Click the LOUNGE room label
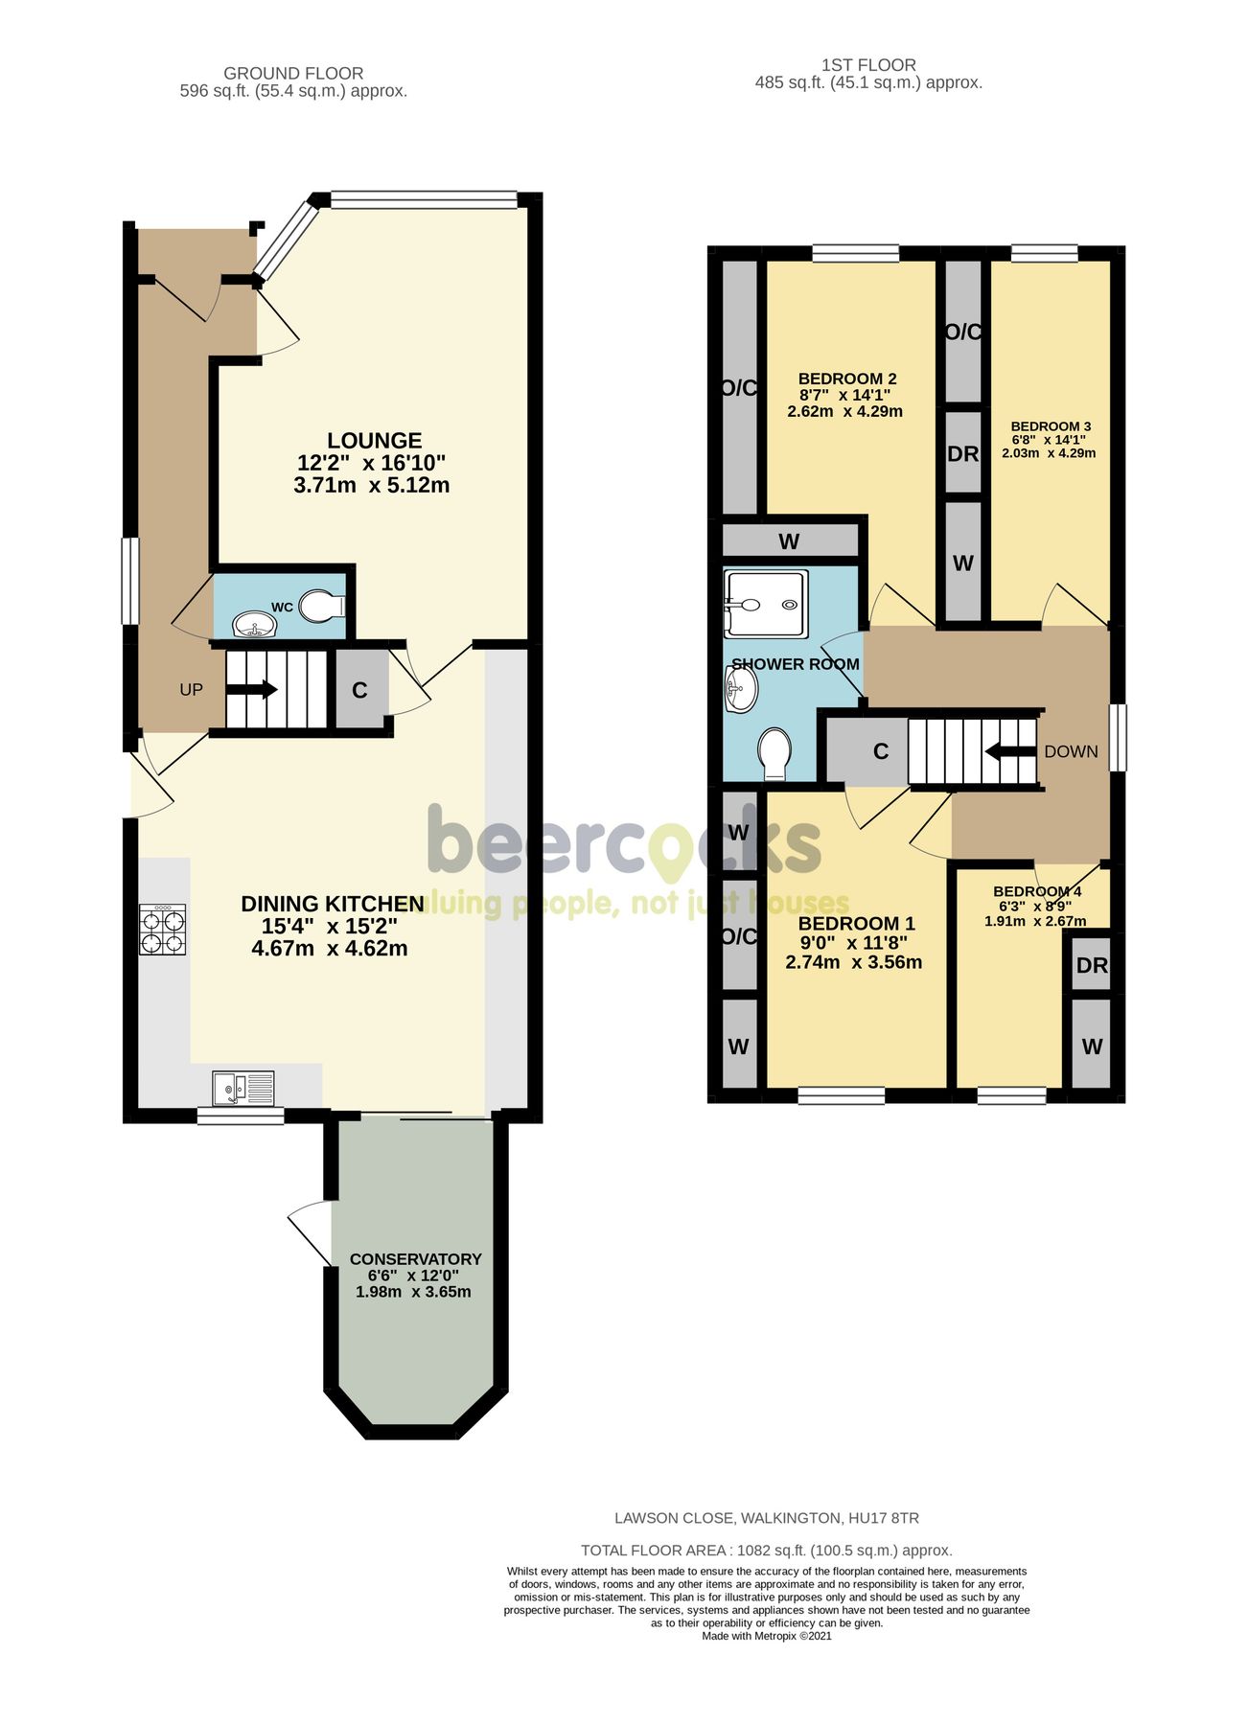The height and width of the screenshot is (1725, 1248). (374, 441)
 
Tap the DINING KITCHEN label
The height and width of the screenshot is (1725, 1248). (332, 904)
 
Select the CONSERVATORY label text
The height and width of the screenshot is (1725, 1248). (415, 1258)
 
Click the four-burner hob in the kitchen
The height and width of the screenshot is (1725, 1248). (163, 931)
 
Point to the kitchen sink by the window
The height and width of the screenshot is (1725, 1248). (243, 1089)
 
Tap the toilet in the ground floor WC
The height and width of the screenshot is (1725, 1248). (321, 606)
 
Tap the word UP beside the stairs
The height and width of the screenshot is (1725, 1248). (191, 690)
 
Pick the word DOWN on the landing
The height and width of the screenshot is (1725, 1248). (1071, 751)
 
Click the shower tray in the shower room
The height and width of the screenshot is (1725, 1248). (765, 604)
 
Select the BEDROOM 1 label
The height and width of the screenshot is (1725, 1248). (856, 924)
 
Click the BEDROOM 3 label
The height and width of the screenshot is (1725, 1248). (1051, 426)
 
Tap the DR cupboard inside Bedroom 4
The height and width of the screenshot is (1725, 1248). (1092, 966)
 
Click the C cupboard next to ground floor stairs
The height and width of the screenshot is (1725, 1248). (360, 690)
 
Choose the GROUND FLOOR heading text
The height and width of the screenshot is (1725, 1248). (293, 73)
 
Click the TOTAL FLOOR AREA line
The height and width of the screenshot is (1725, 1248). (766, 1551)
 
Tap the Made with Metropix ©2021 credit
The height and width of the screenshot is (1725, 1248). (766, 1636)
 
